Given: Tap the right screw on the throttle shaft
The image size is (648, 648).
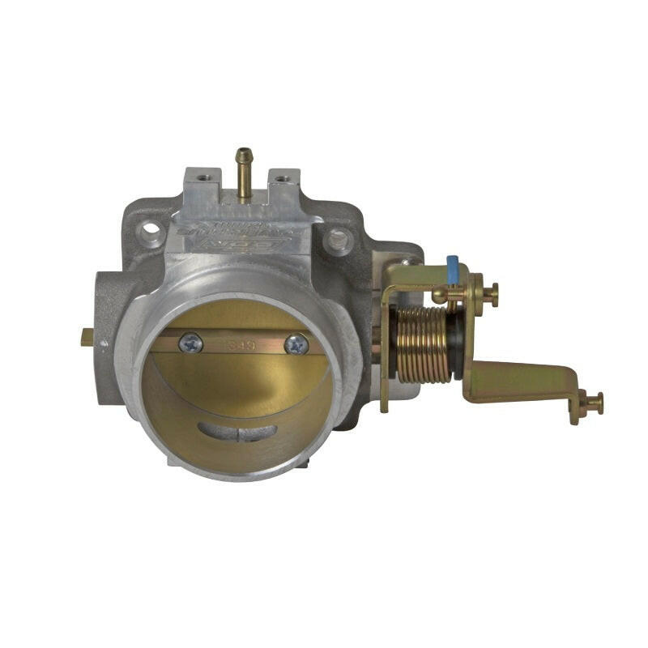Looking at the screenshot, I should [x=296, y=344].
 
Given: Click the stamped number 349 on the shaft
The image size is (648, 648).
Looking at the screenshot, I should [x=242, y=344].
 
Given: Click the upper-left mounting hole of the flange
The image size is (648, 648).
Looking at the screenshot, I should [x=151, y=233].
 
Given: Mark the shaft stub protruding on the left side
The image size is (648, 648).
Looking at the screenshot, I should [x=87, y=339].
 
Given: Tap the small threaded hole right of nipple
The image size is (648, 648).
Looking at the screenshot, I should [x=281, y=177].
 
